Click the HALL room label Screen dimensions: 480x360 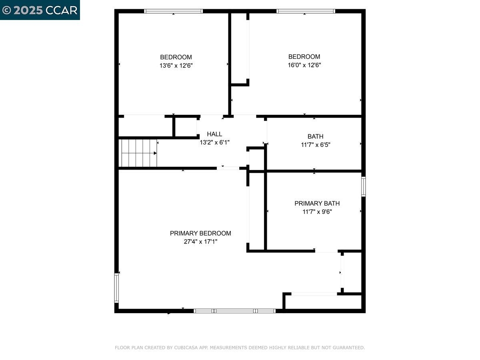[214, 134]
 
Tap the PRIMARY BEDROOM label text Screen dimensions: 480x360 [200, 233]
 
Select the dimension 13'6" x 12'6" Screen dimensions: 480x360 [176, 65]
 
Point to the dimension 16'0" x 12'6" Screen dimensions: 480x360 [304, 65]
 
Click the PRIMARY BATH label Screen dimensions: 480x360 [317, 203]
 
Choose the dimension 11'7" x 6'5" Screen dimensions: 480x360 [315, 145]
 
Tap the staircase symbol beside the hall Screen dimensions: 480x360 [138, 153]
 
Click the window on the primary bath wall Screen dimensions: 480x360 [363, 186]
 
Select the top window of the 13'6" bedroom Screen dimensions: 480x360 [173, 11]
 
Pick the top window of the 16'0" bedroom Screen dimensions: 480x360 [306, 11]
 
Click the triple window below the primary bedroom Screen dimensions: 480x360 [234, 311]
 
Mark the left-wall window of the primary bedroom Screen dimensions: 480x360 [116, 288]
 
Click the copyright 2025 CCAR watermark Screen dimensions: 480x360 [40, 10]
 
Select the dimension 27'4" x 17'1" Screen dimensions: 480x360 [200, 242]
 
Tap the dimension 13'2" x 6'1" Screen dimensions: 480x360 [214, 142]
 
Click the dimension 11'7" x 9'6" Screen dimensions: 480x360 [317, 212]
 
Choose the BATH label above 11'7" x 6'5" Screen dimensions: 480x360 [315, 136]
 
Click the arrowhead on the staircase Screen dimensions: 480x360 [155, 153]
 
